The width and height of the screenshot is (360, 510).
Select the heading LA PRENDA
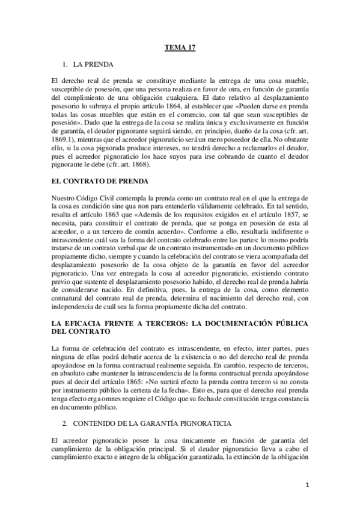click(90, 63)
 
